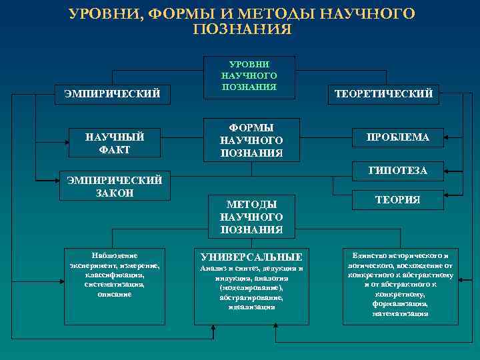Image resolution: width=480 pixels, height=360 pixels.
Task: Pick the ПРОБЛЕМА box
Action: click(x=397, y=137)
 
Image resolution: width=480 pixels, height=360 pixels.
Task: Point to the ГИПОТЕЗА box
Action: click(x=397, y=171)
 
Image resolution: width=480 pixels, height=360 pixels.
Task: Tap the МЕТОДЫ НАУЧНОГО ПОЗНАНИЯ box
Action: click(x=251, y=217)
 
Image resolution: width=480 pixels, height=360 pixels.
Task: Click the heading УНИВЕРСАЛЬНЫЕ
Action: click(x=251, y=257)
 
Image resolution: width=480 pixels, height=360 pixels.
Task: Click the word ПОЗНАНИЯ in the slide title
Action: click(x=241, y=29)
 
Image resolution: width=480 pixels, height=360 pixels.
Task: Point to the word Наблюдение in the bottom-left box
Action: click(x=113, y=255)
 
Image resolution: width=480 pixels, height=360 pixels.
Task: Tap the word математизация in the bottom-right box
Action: click(x=401, y=313)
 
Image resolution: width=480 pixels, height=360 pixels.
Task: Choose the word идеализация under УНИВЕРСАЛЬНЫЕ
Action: click(x=251, y=307)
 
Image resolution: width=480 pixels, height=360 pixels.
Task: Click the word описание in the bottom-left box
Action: click(x=113, y=294)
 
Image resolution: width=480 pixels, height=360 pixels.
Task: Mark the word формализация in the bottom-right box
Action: click(x=401, y=303)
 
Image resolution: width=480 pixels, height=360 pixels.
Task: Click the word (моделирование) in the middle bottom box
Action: click(x=251, y=287)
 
